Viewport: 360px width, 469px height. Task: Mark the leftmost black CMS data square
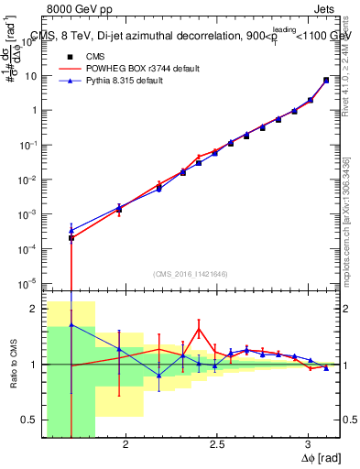click(x=71, y=238)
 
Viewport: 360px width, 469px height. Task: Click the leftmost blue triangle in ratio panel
click(x=71, y=325)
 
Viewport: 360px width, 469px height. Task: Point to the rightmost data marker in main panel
click(x=326, y=80)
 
